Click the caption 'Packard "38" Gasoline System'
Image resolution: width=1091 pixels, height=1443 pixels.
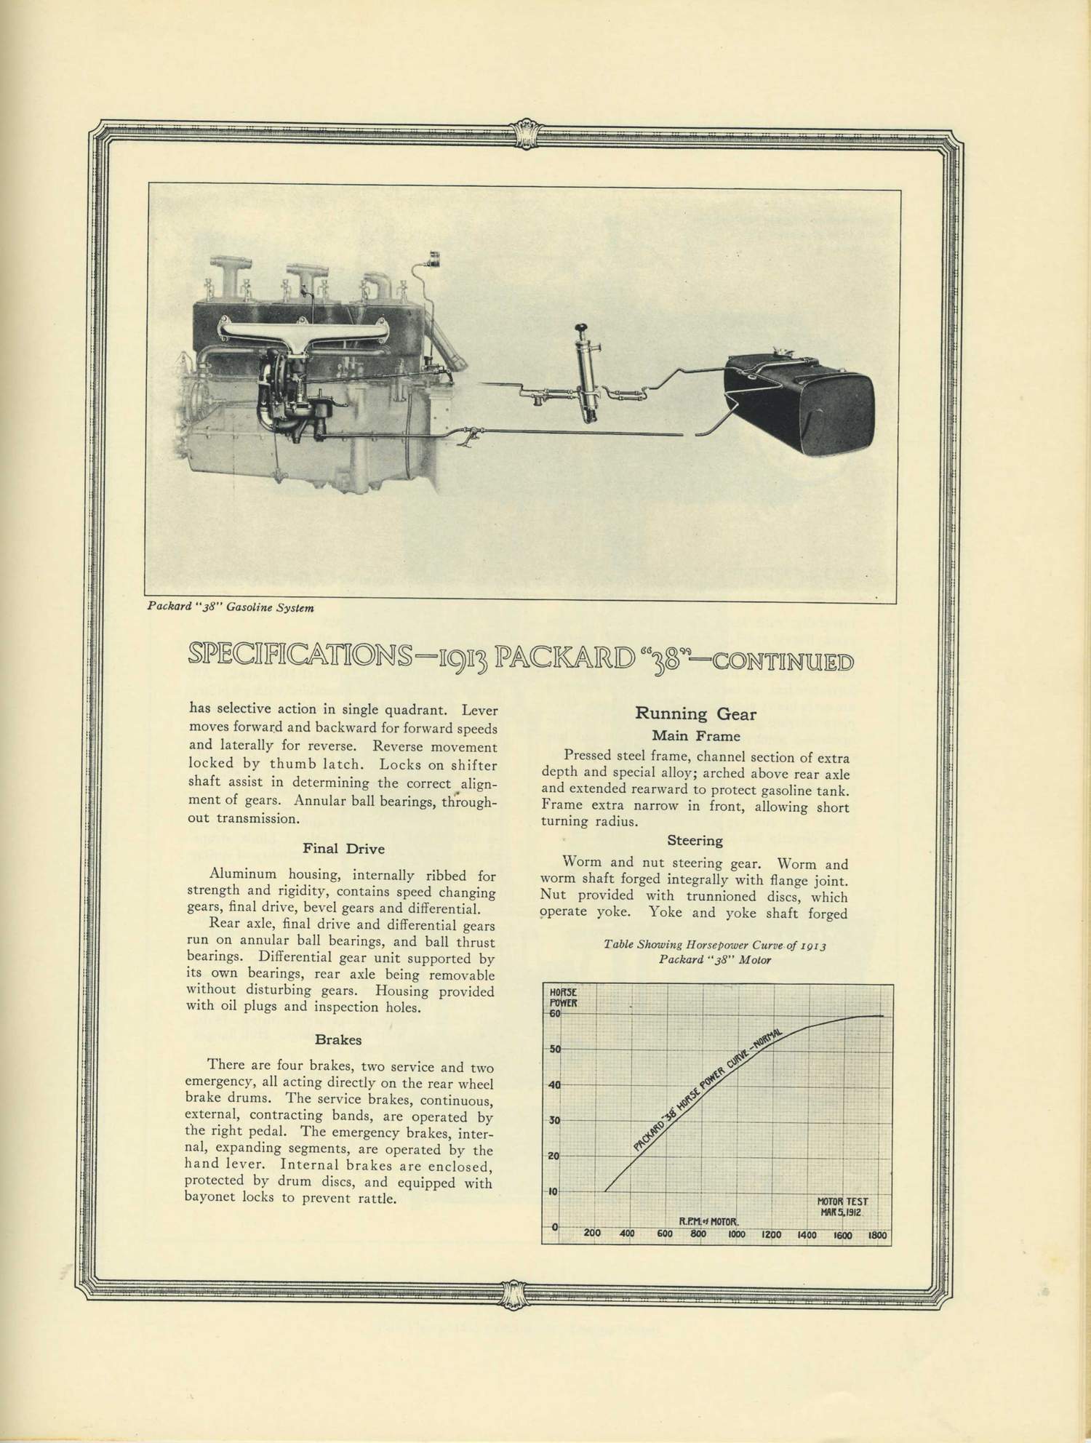pyautogui.click(x=231, y=607)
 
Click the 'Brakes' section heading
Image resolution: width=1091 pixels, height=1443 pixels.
pyautogui.click(x=338, y=1039)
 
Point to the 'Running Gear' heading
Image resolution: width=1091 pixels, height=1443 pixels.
pyautogui.click(x=695, y=713)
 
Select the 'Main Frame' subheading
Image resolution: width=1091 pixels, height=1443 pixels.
pyautogui.click(x=695, y=735)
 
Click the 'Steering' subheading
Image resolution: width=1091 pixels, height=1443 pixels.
pyautogui.click(x=695, y=841)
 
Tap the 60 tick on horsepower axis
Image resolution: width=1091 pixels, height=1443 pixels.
pyautogui.click(x=554, y=1014)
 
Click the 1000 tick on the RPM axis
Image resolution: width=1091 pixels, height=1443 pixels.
pyautogui.click(x=736, y=1234)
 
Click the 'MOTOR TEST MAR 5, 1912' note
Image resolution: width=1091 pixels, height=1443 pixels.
pyautogui.click(x=842, y=1207)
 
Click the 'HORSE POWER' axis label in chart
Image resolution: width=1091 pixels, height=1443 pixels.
pyautogui.click(x=562, y=997)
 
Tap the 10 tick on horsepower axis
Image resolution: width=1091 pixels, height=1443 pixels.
pyautogui.click(x=554, y=1191)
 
